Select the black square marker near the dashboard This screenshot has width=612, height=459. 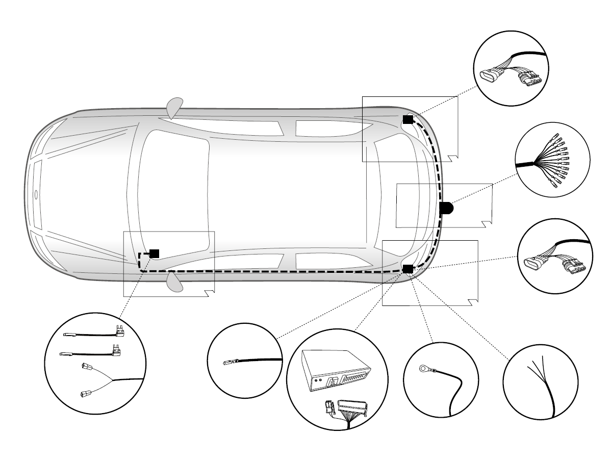(x=154, y=253)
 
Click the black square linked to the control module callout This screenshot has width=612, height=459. (x=407, y=268)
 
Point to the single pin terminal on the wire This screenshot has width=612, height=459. (x=230, y=363)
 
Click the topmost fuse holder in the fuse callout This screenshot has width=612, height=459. (x=120, y=331)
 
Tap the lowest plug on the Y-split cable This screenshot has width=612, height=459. (x=86, y=393)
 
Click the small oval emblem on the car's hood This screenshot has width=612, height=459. (x=36, y=194)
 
